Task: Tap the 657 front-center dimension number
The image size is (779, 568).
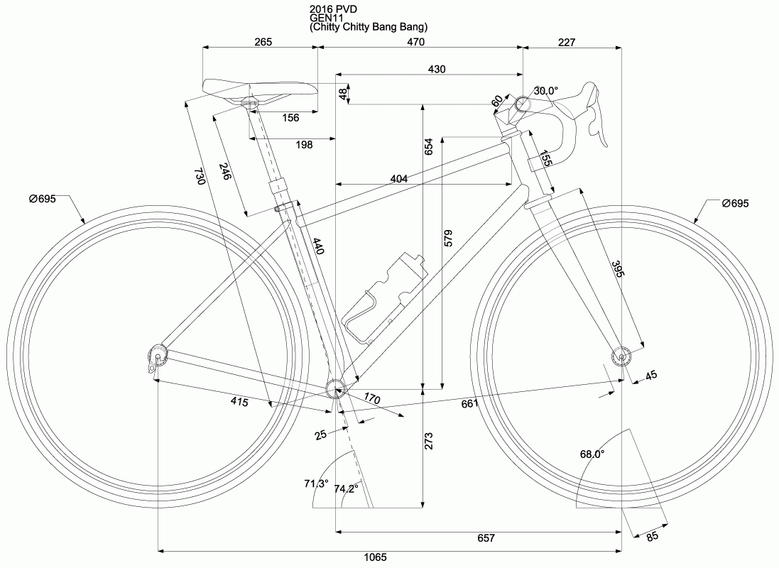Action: [x=485, y=539]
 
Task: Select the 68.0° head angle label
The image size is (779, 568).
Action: [x=592, y=454]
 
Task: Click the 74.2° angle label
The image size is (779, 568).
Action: [x=347, y=489]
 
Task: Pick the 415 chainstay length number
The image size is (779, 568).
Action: [x=239, y=402]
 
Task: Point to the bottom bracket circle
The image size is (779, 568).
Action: [x=334, y=386]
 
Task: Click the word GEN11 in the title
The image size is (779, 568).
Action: [x=325, y=18]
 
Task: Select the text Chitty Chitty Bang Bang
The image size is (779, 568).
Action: [x=369, y=27]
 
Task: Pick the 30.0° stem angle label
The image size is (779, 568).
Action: [x=546, y=91]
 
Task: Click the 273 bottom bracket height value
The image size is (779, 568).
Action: [x=428, y=441]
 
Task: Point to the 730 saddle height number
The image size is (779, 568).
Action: [x=200, y=177]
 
